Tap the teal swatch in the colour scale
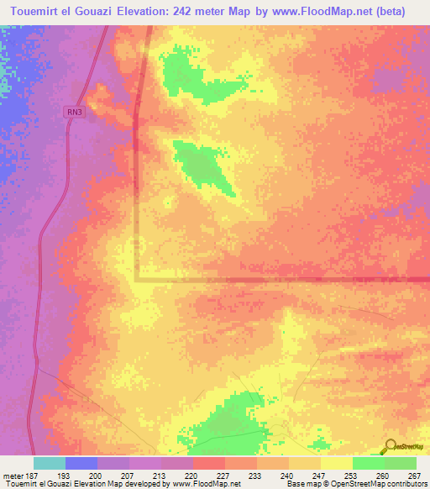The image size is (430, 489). click(49, 463)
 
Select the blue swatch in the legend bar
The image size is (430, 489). click(81, 463)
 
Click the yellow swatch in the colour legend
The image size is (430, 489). click(336, 463)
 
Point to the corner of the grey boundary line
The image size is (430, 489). click(137, 280)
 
